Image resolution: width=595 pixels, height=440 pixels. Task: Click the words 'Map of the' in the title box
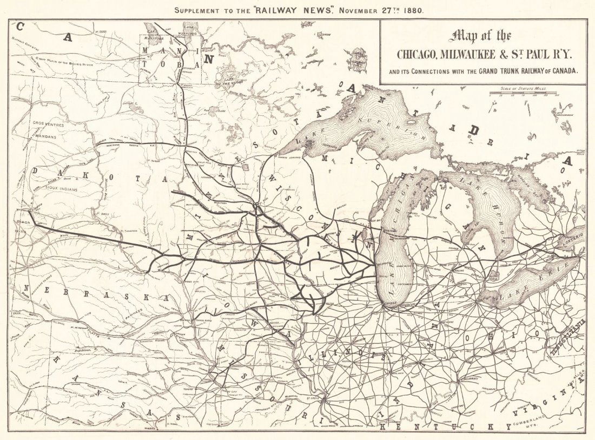pyautogui.click(x=482, y=36)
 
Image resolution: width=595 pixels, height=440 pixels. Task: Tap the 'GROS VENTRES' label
pyautogui.click(x=48, y=125)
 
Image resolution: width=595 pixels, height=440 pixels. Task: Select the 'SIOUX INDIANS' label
pyautogui.click(x=61, y=190)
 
